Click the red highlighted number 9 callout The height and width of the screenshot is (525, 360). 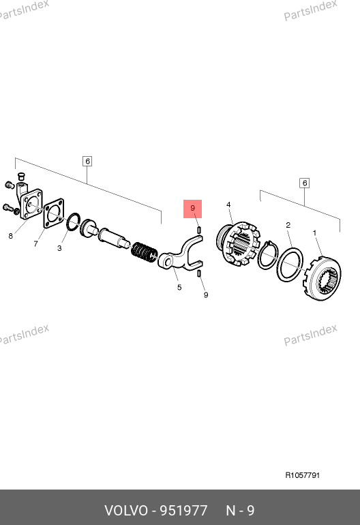click(x=192, y=209)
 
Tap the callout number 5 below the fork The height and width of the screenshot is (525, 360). click(x=179, y=287)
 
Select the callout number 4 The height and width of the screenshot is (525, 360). click(x=228, y=205)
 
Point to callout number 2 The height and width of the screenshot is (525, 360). click(x=288, y=225)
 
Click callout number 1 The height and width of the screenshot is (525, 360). click(x=314, y=232)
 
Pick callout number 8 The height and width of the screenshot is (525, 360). click(x=11, y=236)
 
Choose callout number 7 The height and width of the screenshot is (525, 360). click(x=36, y=244)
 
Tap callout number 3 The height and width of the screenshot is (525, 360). click(x=59, y=248)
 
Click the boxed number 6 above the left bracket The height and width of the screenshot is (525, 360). click(x=87, y=162)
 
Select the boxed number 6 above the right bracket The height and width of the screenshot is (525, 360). click(x=304, y=183)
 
